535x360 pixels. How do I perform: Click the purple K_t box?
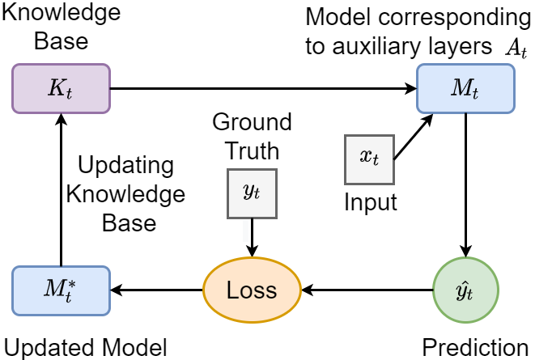click(61, 88)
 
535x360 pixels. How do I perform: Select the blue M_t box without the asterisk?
click(465, 88)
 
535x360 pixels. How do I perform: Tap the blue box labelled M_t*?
click(61, 290)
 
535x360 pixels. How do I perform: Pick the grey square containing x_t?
click(369, 159)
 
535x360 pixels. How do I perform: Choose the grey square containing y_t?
click(252, 193)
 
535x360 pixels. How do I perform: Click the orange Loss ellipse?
click(252, 290)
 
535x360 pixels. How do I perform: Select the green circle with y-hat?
click(465, 290)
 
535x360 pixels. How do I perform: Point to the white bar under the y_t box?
click(246, 231)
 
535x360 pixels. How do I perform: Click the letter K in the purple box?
click(56, 87)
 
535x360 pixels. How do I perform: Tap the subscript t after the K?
click(69, 93)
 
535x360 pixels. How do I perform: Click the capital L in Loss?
click(232, 290)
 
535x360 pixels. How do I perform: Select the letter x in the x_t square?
click(366, 157)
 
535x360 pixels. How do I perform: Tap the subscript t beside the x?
click(376, 161)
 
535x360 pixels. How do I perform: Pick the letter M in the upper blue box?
click(461, 87)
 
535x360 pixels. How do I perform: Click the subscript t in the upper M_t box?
click(475, 93)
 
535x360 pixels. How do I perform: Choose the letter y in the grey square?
click(248, 191)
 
